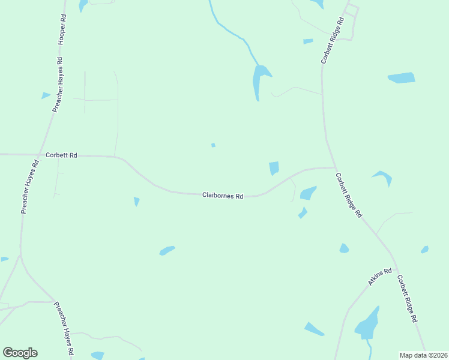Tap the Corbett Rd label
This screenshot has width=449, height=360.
[62, 155]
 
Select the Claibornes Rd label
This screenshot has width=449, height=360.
[223, 196]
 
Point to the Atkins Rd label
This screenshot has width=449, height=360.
[379, 277]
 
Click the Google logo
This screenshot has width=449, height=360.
[20, 353]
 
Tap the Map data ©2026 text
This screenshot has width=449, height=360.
[423, 355]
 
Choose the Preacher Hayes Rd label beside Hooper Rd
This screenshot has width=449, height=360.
[57, 85]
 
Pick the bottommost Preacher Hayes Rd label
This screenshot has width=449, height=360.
[64, 329]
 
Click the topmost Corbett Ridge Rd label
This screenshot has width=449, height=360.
[332, 41]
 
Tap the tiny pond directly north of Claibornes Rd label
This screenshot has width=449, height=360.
[213, 145]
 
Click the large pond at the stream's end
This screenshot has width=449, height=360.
[259, 80]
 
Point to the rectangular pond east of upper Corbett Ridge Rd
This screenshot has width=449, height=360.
[402, 77]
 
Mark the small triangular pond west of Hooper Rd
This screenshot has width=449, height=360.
[46, 95]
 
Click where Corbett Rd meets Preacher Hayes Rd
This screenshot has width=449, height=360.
[40, 155]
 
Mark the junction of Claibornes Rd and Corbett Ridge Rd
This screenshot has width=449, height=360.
[335, 167]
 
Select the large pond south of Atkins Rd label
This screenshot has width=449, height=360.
[367, 325]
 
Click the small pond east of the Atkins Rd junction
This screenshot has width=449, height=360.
[425, 249]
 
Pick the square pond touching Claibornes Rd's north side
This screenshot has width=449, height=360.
[274, 168]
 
